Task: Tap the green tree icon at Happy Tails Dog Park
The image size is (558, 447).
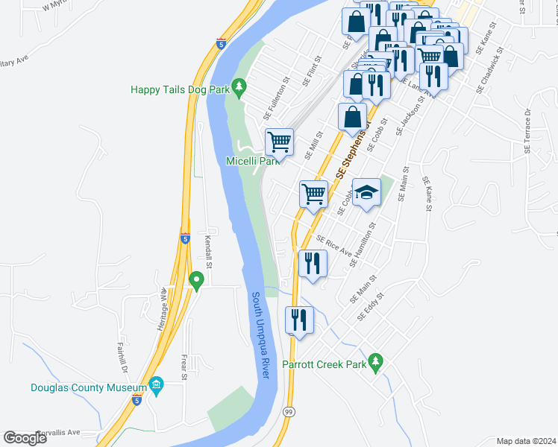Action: tap(239, 88)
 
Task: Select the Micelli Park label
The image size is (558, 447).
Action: tap(252, 160)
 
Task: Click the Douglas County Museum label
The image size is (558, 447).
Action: tap(88, 387)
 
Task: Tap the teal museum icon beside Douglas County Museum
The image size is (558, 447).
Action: tap(156, 386)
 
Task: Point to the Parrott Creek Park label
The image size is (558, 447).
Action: tap(325, 365)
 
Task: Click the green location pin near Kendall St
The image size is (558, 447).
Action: tap(197, 281)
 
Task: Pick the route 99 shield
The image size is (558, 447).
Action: tap(288, 411)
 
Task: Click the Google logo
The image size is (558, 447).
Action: tap(25, 437)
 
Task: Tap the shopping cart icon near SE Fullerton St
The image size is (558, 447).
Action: tap(279, 141)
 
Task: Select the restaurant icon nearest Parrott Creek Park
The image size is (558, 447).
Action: tap(299, 320)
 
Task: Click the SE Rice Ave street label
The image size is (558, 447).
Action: tap(333, 247)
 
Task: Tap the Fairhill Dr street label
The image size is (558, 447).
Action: tap(122, 358)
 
